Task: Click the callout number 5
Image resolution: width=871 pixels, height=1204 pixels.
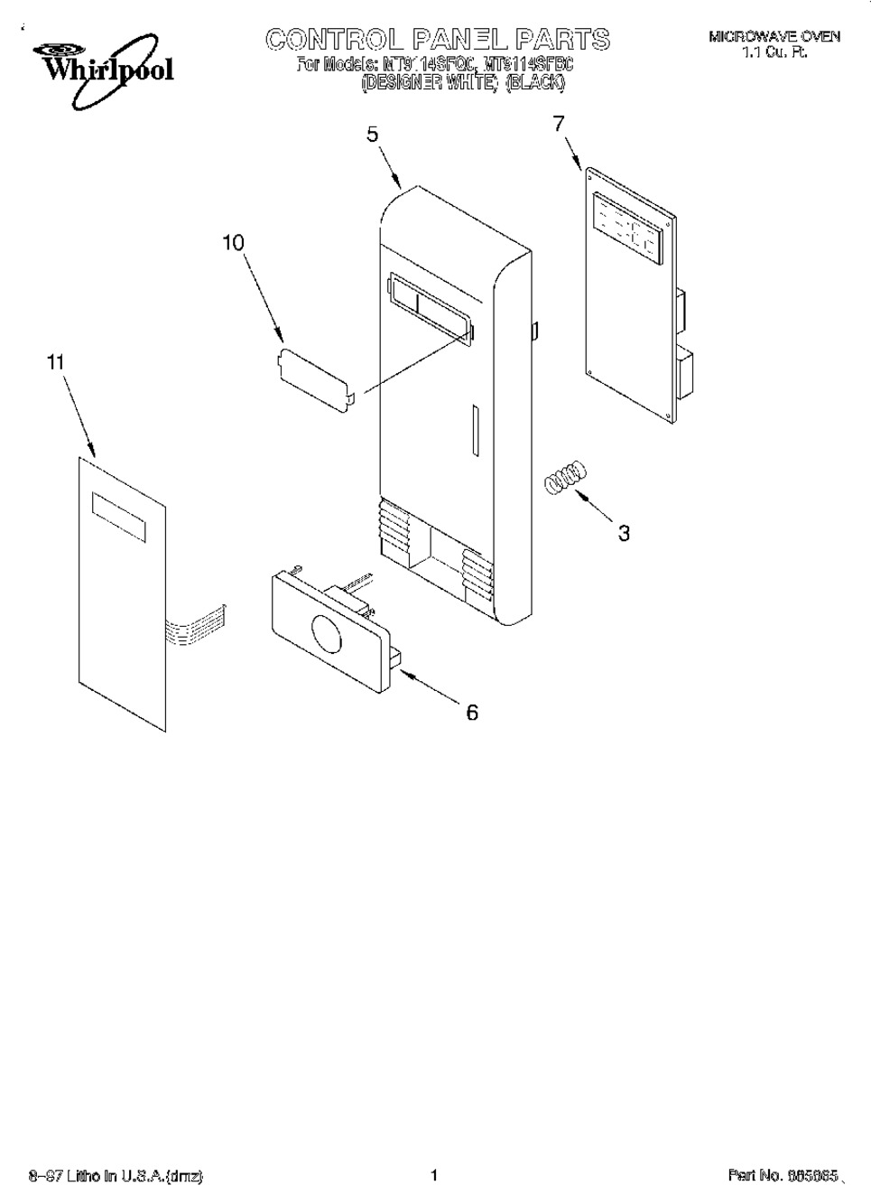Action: pyautogui.click(x=372, y=135)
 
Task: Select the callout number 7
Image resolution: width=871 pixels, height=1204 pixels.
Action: pyautogui.click(x=559, y=124)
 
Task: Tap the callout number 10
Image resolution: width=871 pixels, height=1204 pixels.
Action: pyautogui.click(x=233, y=243)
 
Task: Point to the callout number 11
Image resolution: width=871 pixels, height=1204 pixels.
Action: pyautogui.click(x=56, y=362)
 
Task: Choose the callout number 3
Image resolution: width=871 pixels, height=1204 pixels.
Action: pyautogui.click(x=624, y=533)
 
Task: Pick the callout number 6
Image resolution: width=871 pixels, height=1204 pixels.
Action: pyautogui.click(x=472, y=713)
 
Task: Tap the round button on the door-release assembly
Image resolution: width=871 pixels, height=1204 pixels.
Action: pyautogui.click(x=324, y=635)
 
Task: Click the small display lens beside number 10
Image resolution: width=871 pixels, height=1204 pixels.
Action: pyautogui.click(x=315, y=379)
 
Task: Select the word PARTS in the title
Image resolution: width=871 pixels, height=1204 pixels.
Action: pyautogui.click(x=562, y=40)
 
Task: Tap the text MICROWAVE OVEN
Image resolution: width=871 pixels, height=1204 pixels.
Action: pyautogui.click(x=774, y=37)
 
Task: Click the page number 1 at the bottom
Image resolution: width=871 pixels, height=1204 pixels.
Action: pyautogui.click(x=434, y=1175)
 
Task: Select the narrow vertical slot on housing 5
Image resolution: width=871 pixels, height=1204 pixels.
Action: pyautogui.click(x=472, y=433)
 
